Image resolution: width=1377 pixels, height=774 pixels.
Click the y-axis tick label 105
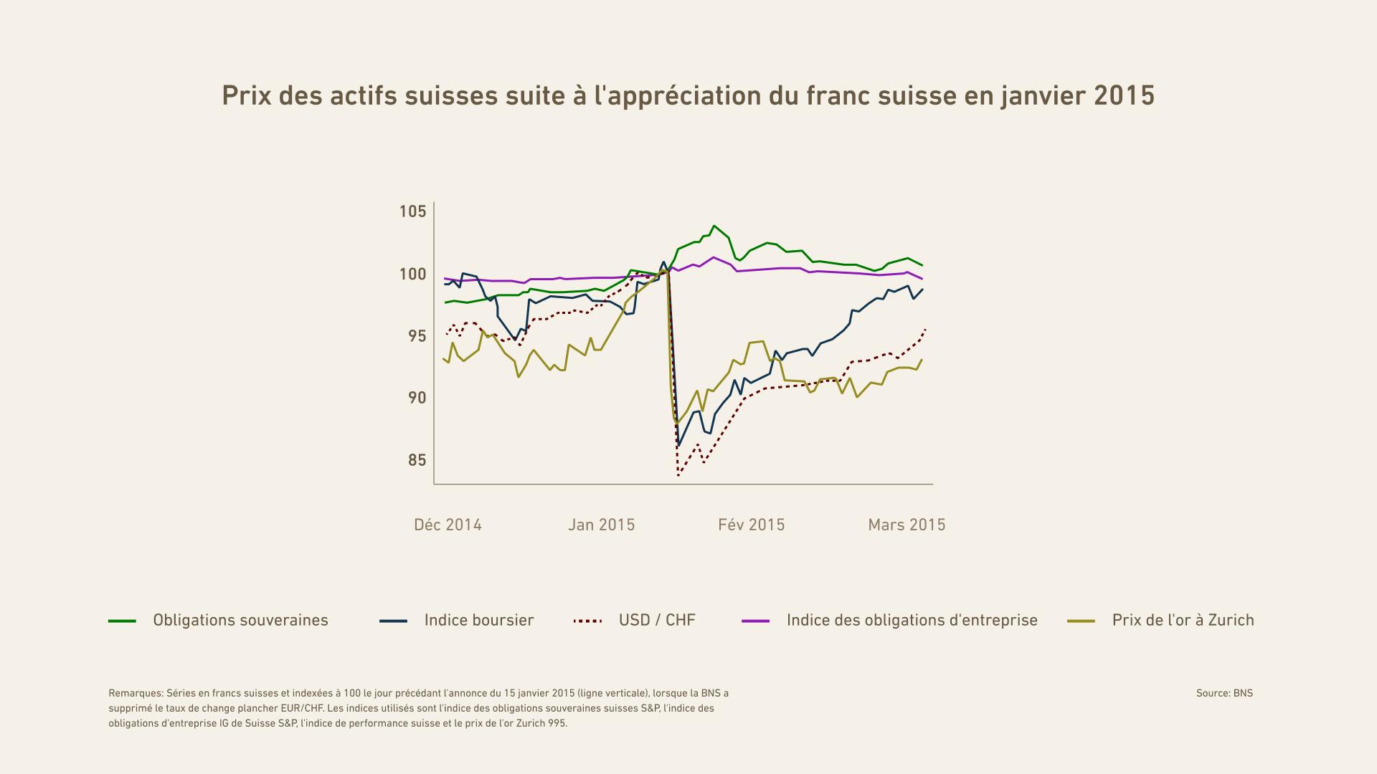[x=412, y=211]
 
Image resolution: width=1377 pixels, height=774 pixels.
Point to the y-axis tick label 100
[x=412, y=274]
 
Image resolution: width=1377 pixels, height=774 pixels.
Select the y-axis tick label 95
[x=417, y=336]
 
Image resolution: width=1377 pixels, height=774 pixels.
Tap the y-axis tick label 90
[x=417, y=398]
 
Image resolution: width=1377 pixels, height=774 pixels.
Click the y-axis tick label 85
[x=417, y=460]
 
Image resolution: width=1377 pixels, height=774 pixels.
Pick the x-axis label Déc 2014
[x=448, y=525]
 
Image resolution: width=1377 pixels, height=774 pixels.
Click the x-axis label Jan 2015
[x=601, y=525]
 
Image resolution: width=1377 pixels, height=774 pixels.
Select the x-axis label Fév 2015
[x=751, y=525]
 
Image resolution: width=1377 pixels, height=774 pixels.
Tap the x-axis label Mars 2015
[x=907, y=525]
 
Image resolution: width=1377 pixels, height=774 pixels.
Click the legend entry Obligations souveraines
[x=240, y=621]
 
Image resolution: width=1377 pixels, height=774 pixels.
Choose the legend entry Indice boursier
[x=479, y=621]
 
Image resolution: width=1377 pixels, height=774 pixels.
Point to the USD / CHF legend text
[x=657, y=621]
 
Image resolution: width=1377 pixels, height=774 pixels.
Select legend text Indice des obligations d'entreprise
[x=912, y=621]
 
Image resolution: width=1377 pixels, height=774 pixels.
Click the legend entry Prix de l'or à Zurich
[x=1183, y=621]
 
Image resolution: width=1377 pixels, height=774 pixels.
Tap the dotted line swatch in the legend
[x=587, y=621]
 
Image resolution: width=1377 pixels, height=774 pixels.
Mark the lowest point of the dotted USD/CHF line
[x=678, y=476]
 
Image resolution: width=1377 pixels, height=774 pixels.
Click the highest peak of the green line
[x=714, y=226]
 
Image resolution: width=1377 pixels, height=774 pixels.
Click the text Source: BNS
[x=1224, y=693]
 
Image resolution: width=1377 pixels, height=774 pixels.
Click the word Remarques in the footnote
[x=136, y=693]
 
